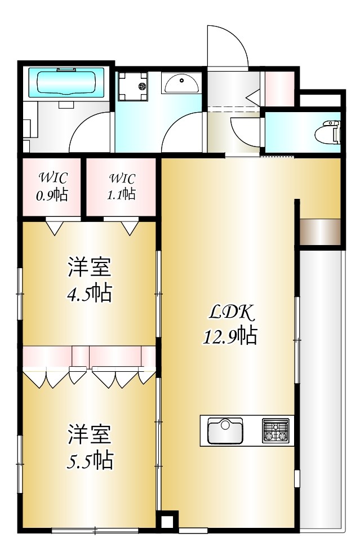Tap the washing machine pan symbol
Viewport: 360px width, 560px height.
132,86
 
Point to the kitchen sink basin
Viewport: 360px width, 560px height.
225,431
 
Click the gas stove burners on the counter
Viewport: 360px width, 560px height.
275,430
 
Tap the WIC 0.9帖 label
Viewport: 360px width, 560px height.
53,186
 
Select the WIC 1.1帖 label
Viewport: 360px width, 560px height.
122,186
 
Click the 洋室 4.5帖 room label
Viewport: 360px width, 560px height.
90,279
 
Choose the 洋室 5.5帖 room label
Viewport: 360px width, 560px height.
90,446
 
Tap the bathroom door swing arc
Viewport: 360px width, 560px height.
90,133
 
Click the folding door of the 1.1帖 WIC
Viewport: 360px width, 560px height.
128,226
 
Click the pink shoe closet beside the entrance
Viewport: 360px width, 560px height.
278,87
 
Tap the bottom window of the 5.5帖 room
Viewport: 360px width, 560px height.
95,530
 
